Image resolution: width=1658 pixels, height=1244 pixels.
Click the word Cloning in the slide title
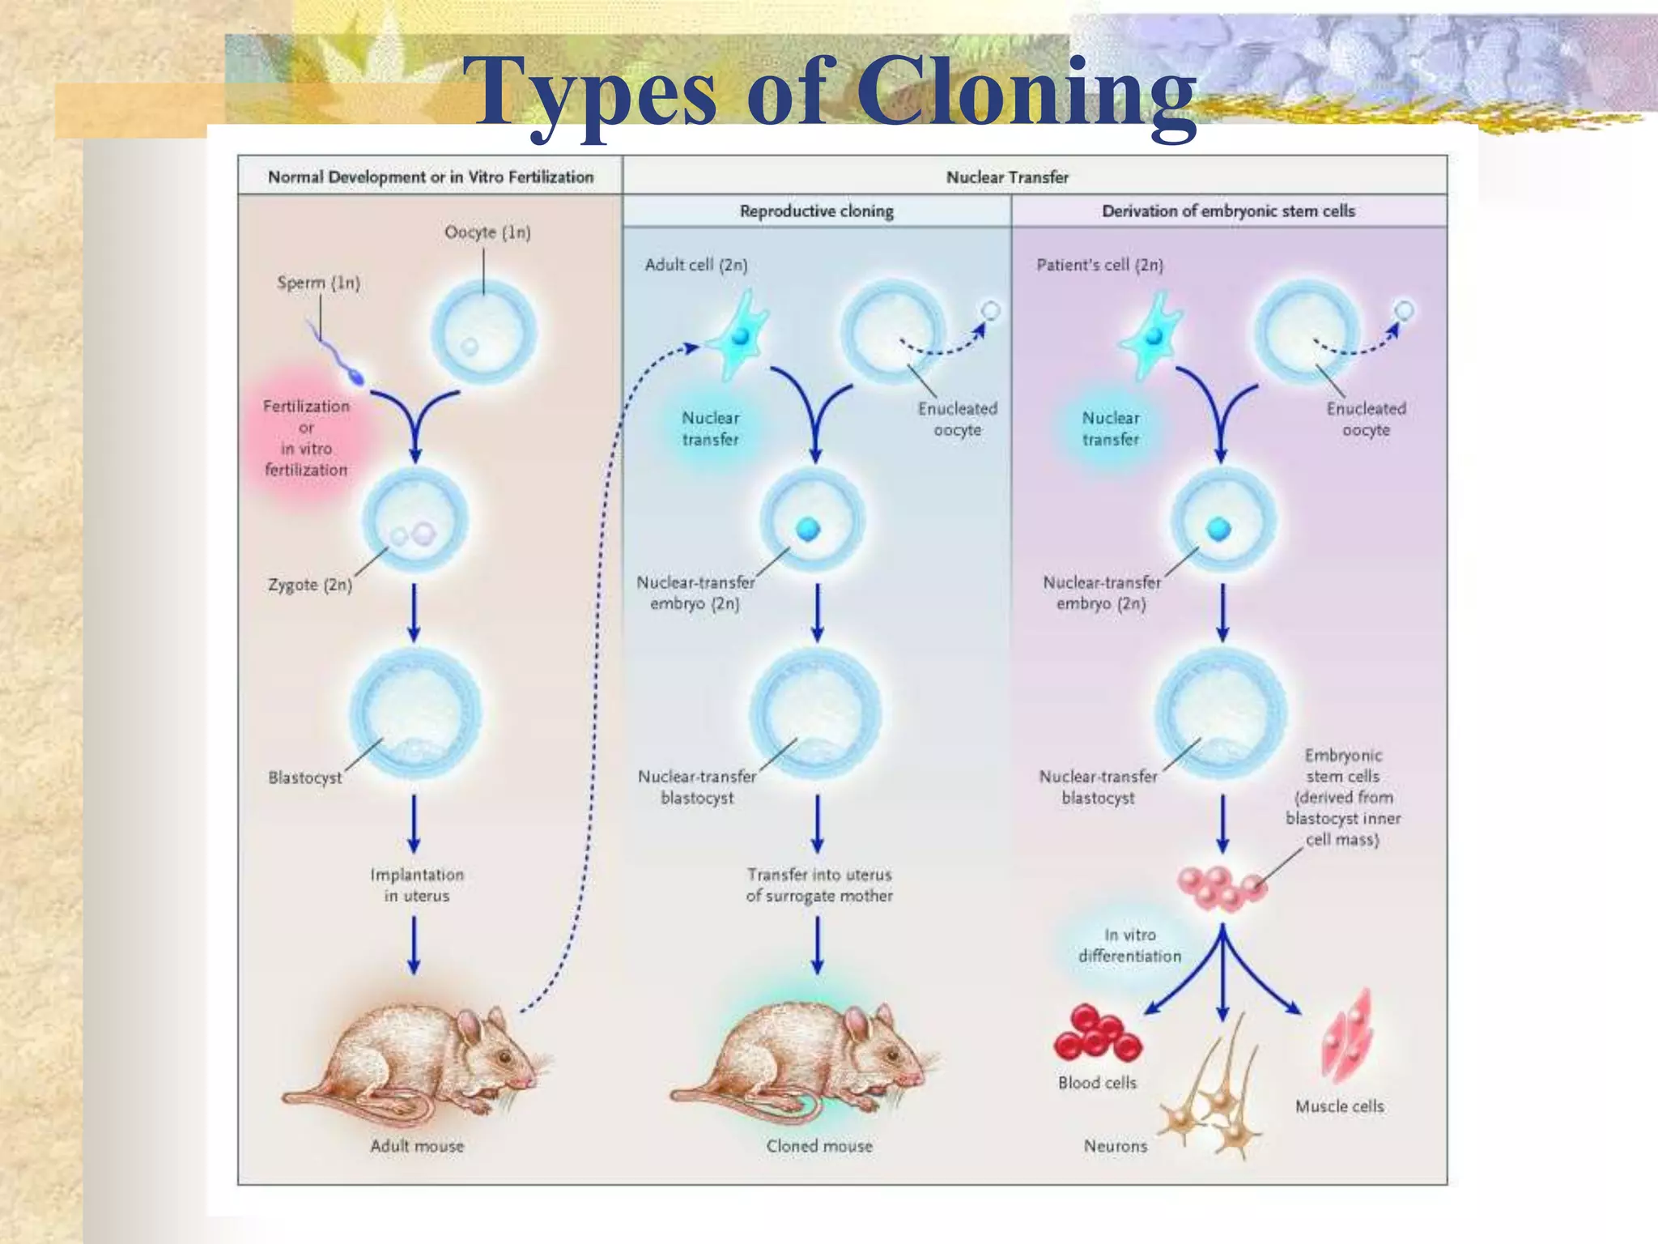(1027, 91)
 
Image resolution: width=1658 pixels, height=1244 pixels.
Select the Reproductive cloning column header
(816, 211)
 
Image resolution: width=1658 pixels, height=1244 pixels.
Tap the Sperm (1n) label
(318, 283)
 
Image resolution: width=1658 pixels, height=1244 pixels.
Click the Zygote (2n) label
(310, 585)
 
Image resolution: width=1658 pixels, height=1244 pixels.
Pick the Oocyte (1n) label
(487, 232)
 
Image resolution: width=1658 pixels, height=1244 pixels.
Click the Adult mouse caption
(417, 1146)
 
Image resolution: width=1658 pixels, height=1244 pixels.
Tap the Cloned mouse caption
(819, 1146)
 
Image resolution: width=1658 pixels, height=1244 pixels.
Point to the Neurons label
(1116, 1146)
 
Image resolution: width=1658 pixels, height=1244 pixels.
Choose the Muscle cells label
(1339, 1106)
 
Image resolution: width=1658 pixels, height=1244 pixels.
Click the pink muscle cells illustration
(1347, 1037)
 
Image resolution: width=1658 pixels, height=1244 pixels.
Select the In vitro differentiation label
(1129, 946)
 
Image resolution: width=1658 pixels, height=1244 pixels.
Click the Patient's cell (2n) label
(1099, 265)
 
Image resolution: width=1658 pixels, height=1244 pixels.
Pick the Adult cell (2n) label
(696, 265)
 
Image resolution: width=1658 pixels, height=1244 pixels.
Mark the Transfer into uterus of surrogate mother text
(819, 885)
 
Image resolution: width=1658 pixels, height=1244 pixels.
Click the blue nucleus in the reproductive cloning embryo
(808, 529)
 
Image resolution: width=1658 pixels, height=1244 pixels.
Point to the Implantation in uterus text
(417, 885)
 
